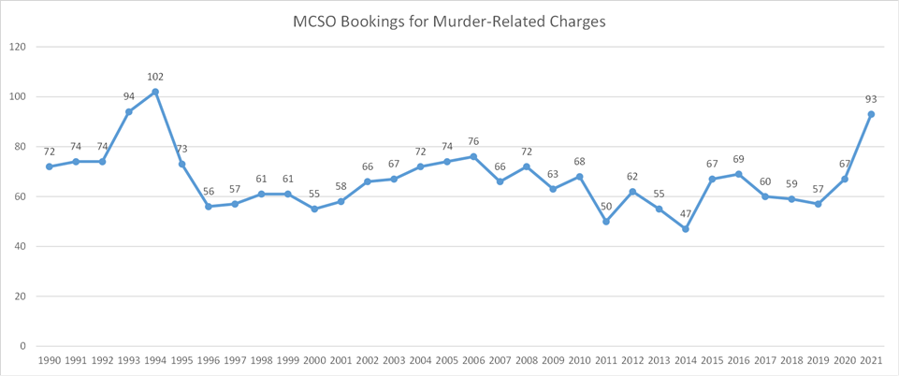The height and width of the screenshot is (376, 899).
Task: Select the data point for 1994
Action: [x=155, y=92]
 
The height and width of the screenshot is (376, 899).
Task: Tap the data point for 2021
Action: [x=871, y=114]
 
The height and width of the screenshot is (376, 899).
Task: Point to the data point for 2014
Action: [x=686, y=229]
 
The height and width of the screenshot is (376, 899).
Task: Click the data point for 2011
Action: [x=606, y=222]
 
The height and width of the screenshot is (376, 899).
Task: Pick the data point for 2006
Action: [x=473, y=156]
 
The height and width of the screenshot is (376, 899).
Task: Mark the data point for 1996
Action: [x=209, y=207]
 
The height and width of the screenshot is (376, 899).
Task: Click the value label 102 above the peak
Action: [x=155, y=77]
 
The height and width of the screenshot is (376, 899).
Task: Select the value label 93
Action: [x=871, y=99]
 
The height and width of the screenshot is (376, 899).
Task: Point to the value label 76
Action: [x=473, y=142]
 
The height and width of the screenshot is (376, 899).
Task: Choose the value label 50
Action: [x=606, y=207]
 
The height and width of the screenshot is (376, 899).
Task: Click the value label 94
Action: [x=129, y=96]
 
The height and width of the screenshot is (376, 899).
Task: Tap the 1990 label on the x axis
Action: [x=50, y=360]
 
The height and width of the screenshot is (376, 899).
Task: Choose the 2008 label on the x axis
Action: [x=527, y=360]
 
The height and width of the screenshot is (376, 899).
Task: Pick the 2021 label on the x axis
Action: [x=871, y=360]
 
